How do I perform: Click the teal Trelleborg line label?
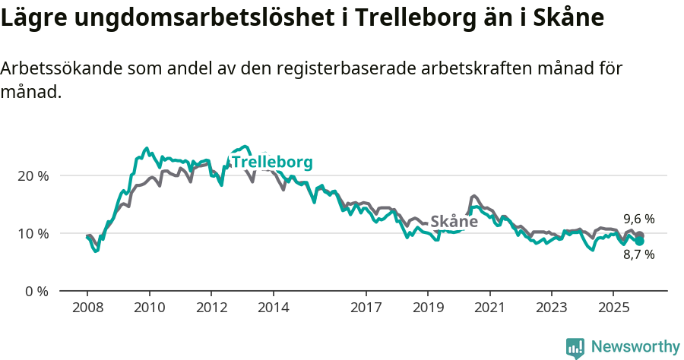(x=271, y=163)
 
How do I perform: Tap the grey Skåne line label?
(x=454, y=222)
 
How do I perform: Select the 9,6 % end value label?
(x=638, y=219)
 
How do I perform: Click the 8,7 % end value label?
(x=638, y=255)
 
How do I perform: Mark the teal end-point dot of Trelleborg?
(x=640, y=241)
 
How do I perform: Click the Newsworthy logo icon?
(x=575, y=347)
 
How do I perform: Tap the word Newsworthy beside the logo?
(x=635, y=347)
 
